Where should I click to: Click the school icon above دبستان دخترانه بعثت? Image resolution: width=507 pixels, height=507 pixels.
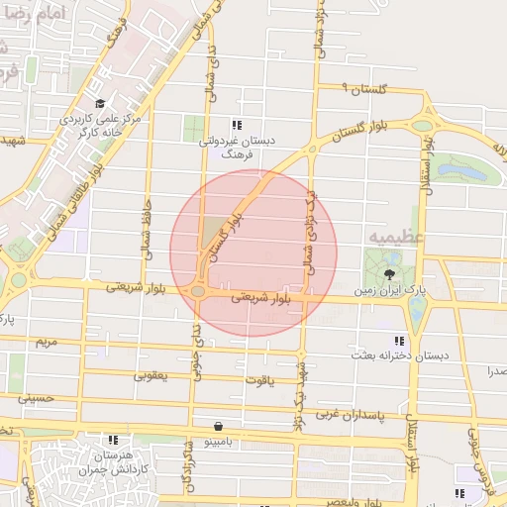click(399, 339)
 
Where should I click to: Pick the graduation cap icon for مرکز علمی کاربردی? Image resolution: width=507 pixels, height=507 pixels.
click(100, 103)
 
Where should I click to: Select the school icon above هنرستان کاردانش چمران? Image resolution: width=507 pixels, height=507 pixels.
click(114, 439)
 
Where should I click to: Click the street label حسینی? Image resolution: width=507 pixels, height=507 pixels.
click(33, 398)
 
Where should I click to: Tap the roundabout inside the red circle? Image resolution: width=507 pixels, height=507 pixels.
click(198, 291)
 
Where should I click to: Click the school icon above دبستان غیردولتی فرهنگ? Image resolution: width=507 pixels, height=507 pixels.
click(236, 126)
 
